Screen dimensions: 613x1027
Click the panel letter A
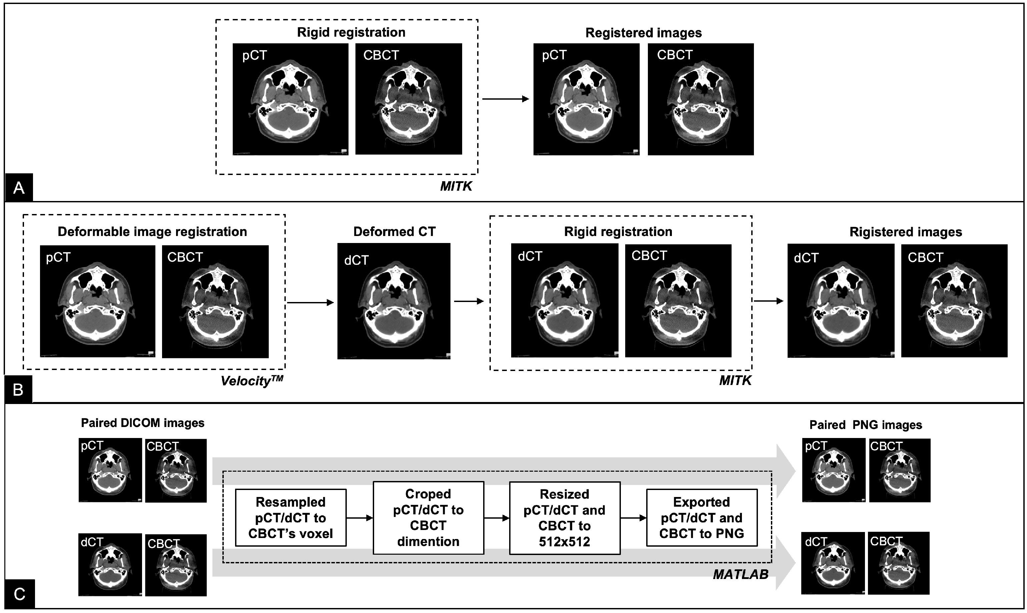19,188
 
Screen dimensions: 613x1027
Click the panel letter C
19,594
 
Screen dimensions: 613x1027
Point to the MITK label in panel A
456,186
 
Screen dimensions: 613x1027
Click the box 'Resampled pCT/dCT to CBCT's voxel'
290,518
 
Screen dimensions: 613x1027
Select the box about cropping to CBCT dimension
428,518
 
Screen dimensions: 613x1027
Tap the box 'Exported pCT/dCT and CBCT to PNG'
702,518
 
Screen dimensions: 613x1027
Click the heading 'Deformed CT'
394,232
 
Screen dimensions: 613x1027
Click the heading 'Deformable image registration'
152,232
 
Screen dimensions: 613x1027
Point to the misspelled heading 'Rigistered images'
906,232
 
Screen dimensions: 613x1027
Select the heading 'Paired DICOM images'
142,423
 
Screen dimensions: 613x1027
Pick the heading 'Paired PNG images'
866,425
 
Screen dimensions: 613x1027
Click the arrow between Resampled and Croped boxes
359,518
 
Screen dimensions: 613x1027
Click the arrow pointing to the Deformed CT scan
310,303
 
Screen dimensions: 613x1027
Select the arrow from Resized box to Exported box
633,518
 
